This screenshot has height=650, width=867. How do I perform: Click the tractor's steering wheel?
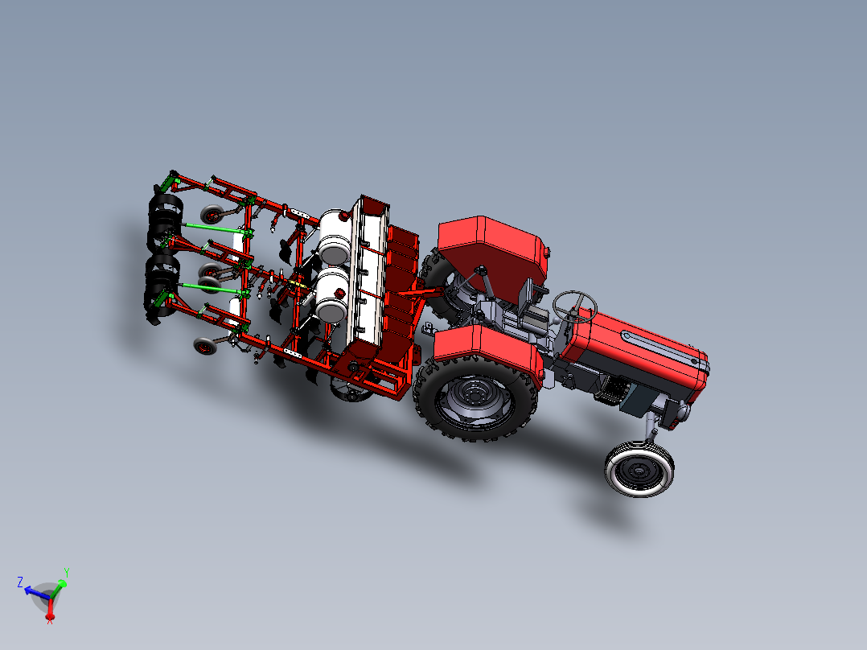click(574, 306)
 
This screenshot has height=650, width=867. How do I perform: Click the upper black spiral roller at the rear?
click(164, 221)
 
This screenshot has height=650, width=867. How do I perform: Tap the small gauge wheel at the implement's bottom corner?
click(204, 346)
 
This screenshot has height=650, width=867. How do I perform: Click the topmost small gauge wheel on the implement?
click(212, 214)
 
